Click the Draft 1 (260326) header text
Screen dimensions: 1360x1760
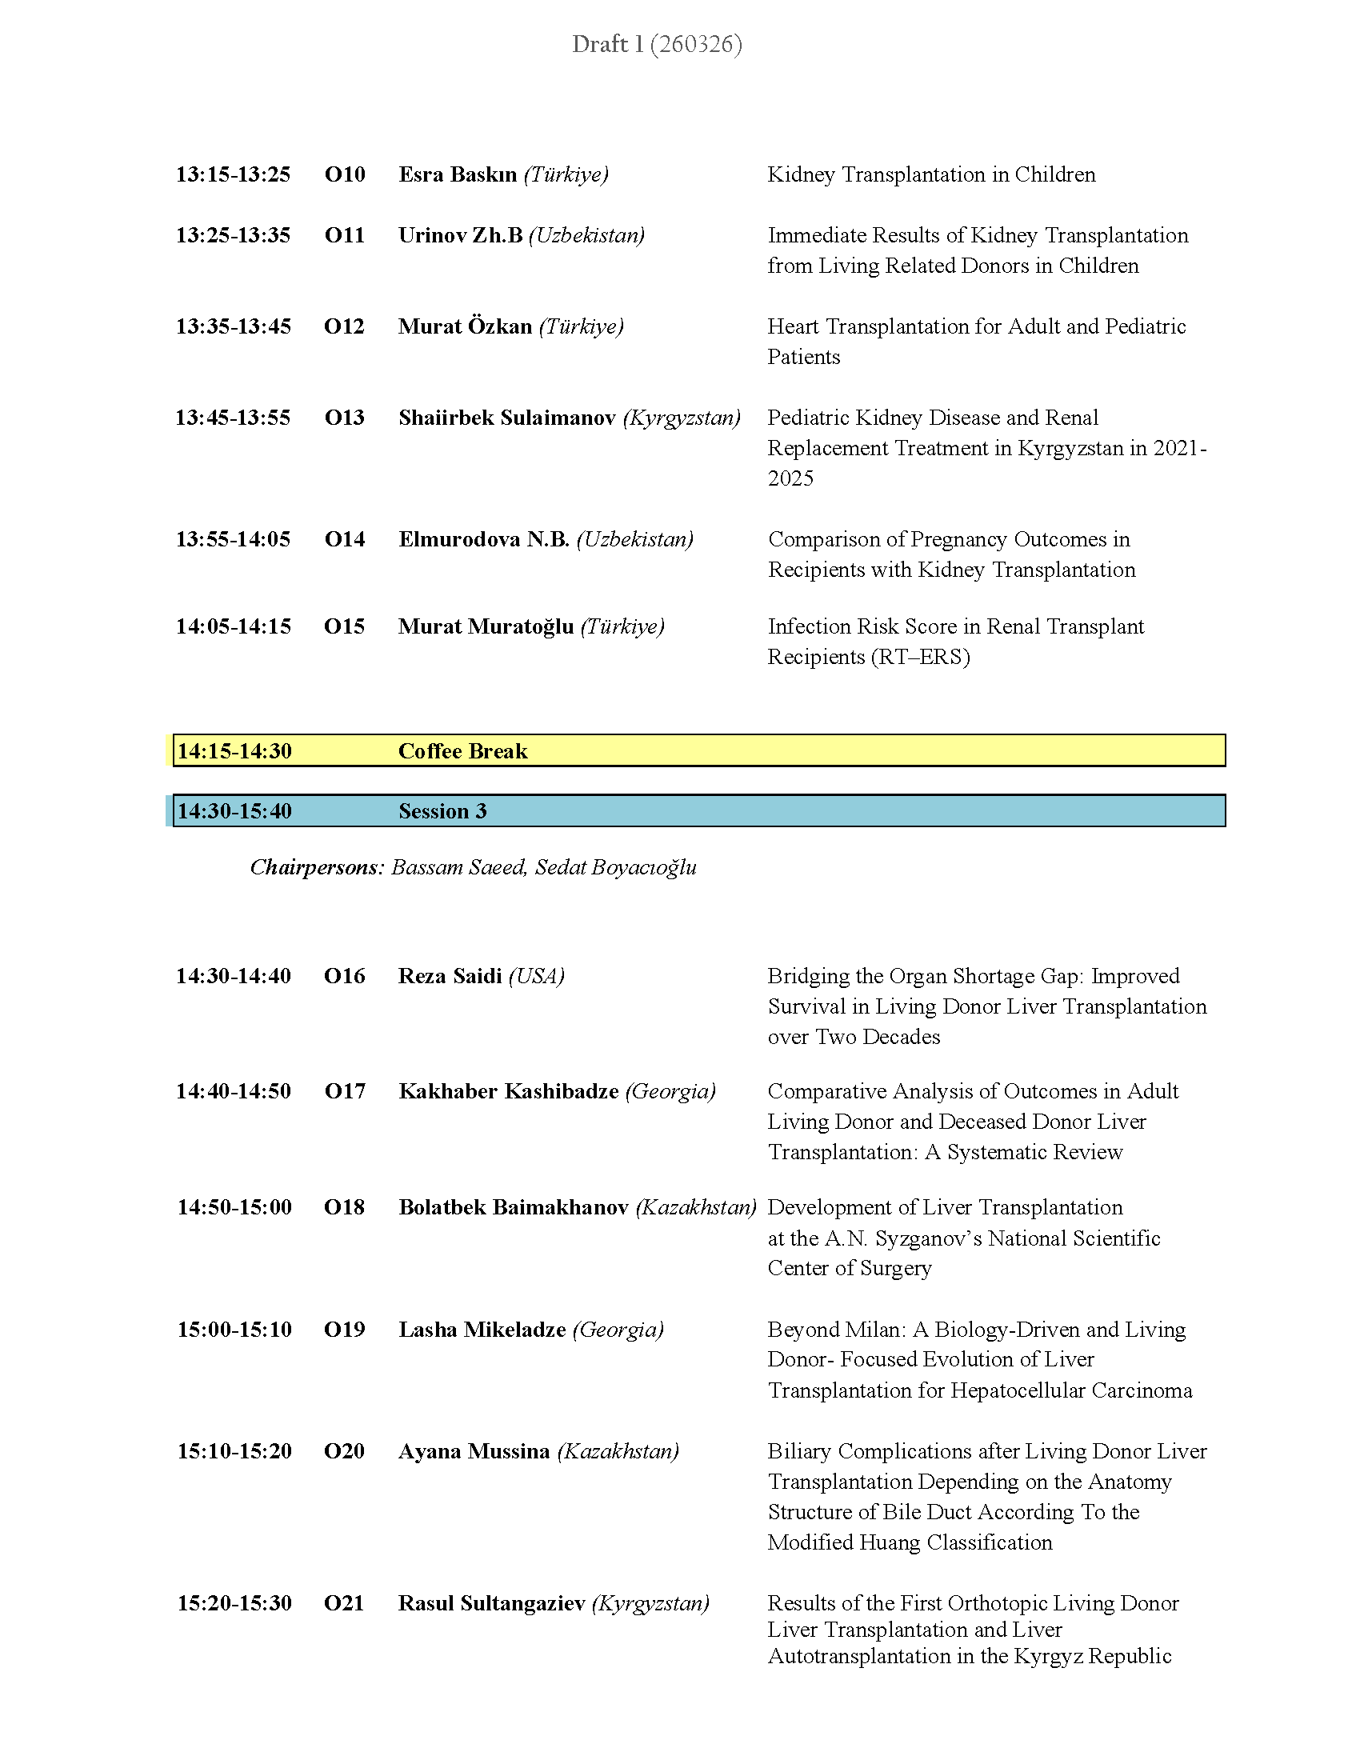coord(657,43)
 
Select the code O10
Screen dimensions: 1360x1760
coord(345,174)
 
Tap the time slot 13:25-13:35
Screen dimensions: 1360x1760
coord(233,235)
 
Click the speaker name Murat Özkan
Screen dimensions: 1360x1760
coord(465,326)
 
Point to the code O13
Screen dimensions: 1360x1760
coord(344,418)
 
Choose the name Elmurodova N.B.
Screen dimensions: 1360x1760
coord(483,539)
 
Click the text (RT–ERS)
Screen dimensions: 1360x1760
coord(920,657)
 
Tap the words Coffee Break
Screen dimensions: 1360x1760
coord(462,751)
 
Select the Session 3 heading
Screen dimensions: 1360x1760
coord(442,810)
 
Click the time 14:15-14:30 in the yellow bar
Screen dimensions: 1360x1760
coord(234,751)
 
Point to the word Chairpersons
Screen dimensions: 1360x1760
coord(317,867)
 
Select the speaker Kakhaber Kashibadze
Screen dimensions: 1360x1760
coord(508,1091)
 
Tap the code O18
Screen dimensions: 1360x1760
coord(344,1207)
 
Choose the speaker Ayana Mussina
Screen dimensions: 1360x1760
coord(474,1451)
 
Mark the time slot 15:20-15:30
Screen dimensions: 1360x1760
coord(234,1603)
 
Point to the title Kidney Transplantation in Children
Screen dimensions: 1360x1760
coord(931,174)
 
